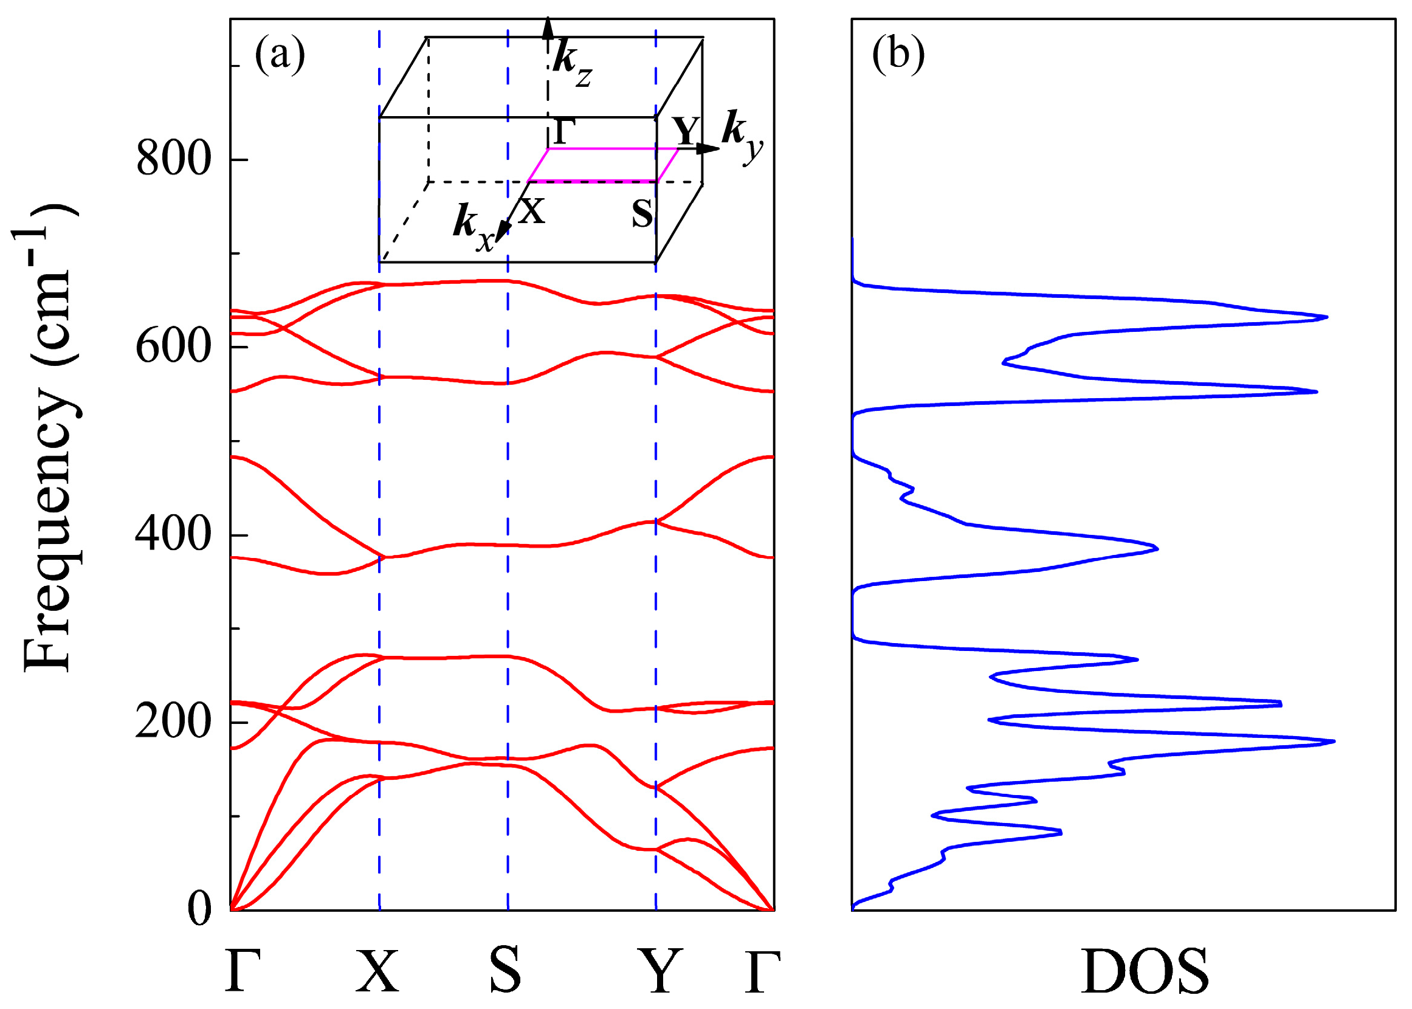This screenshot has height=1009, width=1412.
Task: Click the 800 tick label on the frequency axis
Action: click(173, 159)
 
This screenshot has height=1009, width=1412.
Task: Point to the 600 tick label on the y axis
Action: click(173, 346)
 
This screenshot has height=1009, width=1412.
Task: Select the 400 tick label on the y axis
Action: click(173, 534)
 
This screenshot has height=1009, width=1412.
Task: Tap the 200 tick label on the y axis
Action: click(173, 722)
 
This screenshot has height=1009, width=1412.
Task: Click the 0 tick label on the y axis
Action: click(199, 909)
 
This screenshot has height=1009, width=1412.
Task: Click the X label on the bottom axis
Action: click(377, 971)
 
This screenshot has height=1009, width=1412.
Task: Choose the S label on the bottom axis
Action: click(505, 971)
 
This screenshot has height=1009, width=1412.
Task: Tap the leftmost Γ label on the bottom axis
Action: click(243, 971)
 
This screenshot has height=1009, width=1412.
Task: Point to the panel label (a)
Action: click(280, 55)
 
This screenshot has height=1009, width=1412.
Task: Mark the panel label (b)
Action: click(898, 55)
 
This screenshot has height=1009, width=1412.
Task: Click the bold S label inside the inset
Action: click(643, 213)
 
